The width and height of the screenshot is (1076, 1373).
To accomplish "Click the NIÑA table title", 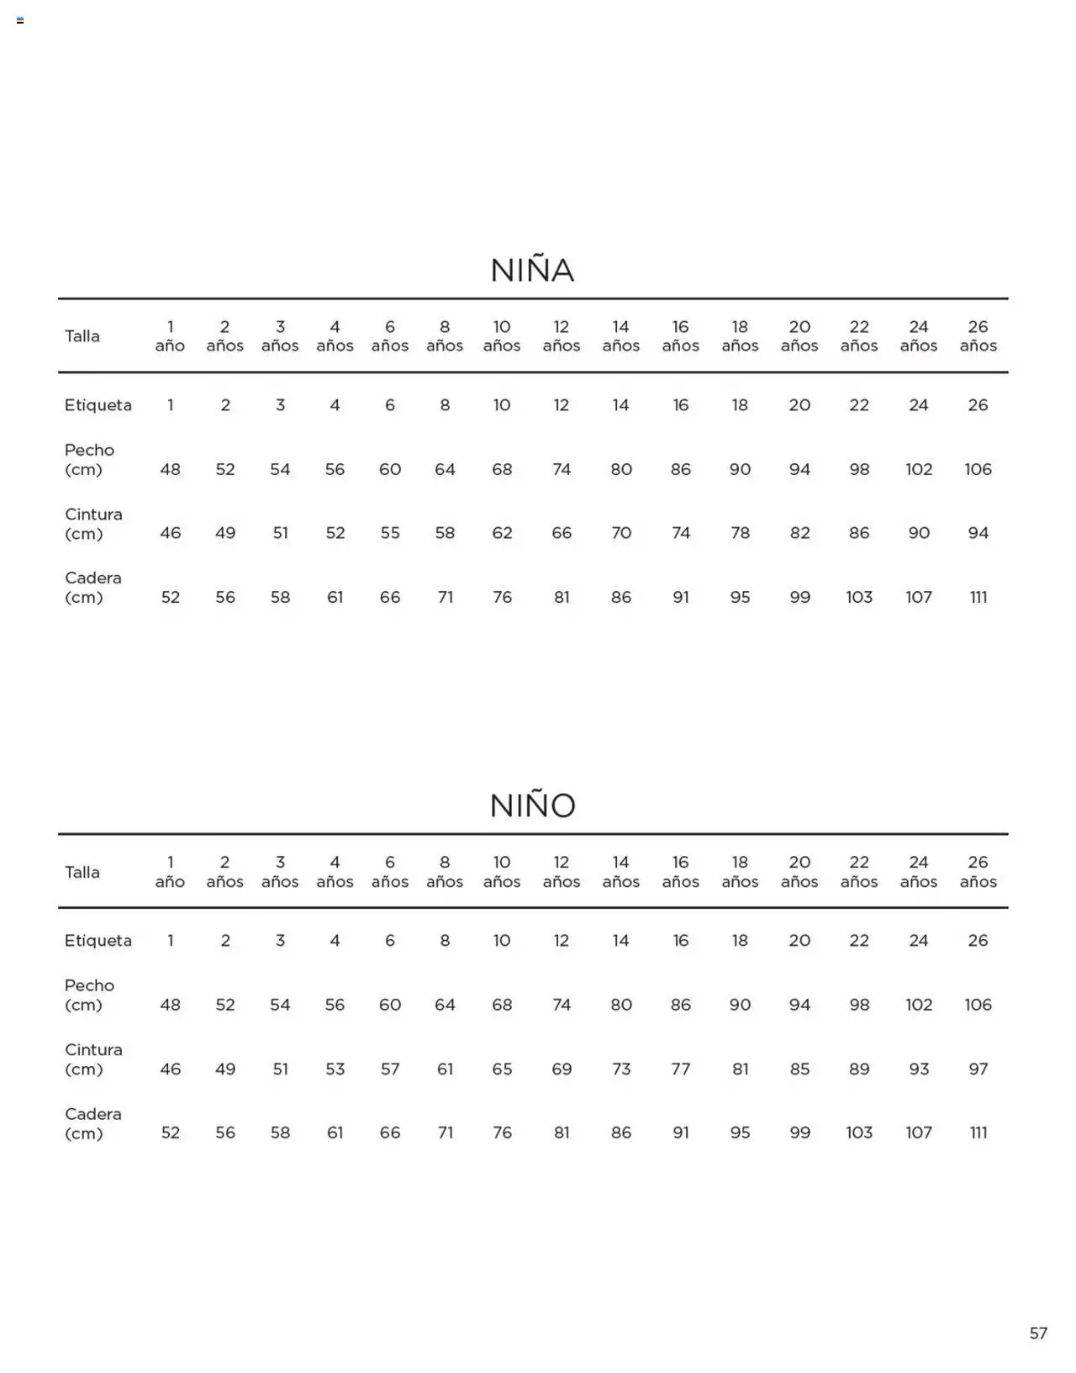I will tap(532, 270).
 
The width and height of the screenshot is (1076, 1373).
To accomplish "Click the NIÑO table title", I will tap(532, 805).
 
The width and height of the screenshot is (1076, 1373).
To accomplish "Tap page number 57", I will tap(1038, 1333).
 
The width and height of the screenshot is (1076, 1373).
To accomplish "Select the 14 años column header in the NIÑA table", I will tap(620, 335).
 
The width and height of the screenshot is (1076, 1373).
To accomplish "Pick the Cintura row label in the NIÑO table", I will tap(93, 1059).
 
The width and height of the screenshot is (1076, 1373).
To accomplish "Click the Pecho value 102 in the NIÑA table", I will tap(918, 469).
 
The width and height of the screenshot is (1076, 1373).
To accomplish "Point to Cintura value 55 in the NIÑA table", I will tap(389, 533).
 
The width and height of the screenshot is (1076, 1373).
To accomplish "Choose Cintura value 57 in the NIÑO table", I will tap(389, 1069).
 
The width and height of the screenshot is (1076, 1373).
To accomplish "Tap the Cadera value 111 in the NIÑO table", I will tap(978, 1133).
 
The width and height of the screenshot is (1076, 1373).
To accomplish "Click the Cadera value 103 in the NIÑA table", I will tap(858, 597).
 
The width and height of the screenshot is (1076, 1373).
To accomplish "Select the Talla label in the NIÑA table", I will tap(82, 336).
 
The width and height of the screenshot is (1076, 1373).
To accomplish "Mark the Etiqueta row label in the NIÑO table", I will tap(98, 940).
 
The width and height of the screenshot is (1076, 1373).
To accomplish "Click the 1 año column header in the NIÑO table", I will tap(170, 871).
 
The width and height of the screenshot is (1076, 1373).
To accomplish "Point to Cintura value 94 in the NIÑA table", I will tap(978, 533).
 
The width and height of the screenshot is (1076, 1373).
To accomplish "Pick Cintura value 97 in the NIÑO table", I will tap(978, 1069).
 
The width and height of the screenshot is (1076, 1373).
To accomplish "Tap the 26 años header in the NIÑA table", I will tap(978, 335).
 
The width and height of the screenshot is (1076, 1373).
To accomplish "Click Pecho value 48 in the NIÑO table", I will tap(170, 1005).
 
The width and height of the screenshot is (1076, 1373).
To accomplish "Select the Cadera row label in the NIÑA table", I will tap(92, 587).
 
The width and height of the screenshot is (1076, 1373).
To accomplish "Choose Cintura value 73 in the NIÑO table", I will tap(620, 1069).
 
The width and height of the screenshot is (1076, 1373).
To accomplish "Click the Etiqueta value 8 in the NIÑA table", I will tap(445, 405).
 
